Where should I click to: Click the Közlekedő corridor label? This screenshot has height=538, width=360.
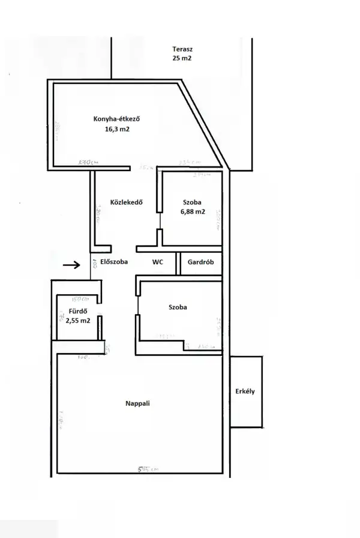click(126, 202)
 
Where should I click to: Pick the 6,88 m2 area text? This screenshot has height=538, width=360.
click(193, 212)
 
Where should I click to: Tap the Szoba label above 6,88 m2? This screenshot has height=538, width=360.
click(193, 202)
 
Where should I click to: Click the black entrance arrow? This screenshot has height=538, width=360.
click(71, 264)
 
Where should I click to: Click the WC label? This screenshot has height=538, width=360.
click(158, 262)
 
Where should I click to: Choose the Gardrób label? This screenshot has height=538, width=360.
click(201, 262)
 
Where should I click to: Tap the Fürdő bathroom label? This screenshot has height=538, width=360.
click(79, 311)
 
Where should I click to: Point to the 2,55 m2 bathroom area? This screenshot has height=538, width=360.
click(79, 321)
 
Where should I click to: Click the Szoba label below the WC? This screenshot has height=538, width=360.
click(177, 307)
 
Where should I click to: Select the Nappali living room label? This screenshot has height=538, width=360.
click(138, 403)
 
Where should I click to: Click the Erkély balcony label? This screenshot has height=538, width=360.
click(245, 391)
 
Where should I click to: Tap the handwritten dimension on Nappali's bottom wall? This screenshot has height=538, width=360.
click(147, 469)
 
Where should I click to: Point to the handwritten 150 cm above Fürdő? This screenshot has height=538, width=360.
click(80, 298)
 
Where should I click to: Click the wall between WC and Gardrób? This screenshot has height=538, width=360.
click(178, 263)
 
